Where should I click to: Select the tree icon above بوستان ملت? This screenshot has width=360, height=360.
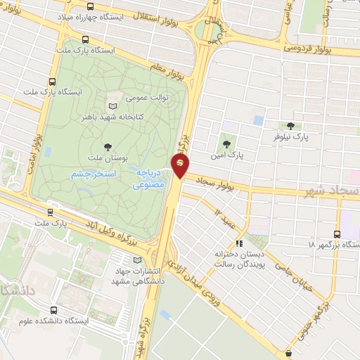click(x=108, y=146)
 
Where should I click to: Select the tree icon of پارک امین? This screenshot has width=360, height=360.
click(x=226, y=139)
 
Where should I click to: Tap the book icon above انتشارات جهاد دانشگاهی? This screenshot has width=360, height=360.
click(x=136, y=261)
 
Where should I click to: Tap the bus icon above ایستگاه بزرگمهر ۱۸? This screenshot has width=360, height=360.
click(x=337, y=234)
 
